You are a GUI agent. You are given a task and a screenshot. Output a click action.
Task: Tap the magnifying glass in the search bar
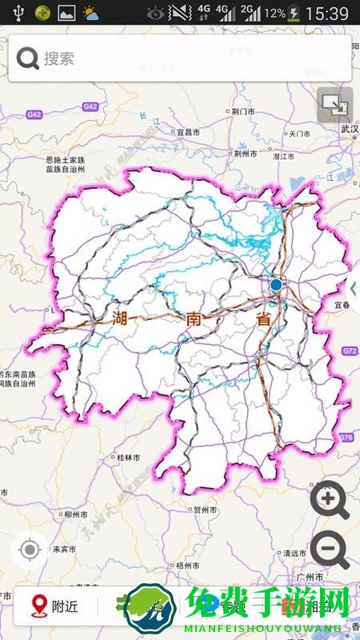point(28,58)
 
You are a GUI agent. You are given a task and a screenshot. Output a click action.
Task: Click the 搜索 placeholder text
point(59,58)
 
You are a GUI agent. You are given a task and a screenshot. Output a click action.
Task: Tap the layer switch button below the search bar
point(334,104)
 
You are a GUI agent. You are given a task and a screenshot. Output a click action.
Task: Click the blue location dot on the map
point(276,284)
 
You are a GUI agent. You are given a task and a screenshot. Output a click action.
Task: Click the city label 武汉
point(349,128)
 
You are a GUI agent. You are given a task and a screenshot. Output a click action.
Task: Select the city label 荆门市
point(243,111)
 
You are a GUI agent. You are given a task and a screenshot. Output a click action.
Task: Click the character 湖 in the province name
point(121,318)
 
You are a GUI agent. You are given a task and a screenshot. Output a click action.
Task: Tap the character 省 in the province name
point(262,318)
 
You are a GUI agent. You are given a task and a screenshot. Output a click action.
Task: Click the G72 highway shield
point(349,351)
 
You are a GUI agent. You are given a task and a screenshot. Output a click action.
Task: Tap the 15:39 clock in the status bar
point(327,13)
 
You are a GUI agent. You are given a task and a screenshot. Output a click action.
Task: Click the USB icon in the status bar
point(18,13)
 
